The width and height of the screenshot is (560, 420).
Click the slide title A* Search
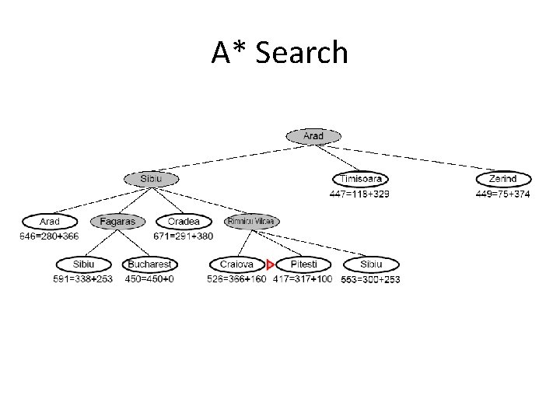pyautogui.click(x=279, y=53)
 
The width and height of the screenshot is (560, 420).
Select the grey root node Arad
pyautogui.click(x=313, y=136)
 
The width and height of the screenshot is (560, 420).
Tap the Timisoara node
pyautogui.click(x=360, y=179)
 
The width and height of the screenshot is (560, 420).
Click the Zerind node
pyautogui.click(x=503, y=179)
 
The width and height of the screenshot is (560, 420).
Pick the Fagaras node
pyautogui.click(x=117, y=222)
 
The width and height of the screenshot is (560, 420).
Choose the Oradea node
pyautogui.click(x=184, y=222)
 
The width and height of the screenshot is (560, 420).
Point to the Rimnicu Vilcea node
pyautogui.click(x=251, y=222)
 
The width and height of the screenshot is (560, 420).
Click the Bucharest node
pyautogui.click(x=149, y=264)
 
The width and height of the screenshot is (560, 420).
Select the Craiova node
pyautogui.click(x=236, y=264)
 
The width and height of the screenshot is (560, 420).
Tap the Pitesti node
pyautogui.click(x=303, y=264)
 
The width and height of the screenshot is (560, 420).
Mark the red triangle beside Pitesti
pyautogui.click(x=270, y=265)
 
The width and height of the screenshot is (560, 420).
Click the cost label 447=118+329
pyautogui.click(x=359, y=194)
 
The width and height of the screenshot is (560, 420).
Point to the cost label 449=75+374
pyautogui.click(x=502, y=194)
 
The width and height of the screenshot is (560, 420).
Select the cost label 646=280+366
pyautogui.click(x=50, y=236)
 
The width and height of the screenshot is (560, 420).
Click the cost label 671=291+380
pyautogui.click(x=184, y=236)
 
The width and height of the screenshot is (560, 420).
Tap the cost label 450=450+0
pyautogui.click(x=149, y=278)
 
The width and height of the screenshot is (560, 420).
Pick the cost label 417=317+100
pyautogui.click(x=303, y=278)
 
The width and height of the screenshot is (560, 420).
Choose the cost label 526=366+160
pyautogui.click(x=236, y=278)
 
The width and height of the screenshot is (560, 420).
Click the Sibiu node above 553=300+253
pyautogui.click(x=370, y=264)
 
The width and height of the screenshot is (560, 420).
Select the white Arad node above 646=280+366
pyautogui.click(x=50, y=222)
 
